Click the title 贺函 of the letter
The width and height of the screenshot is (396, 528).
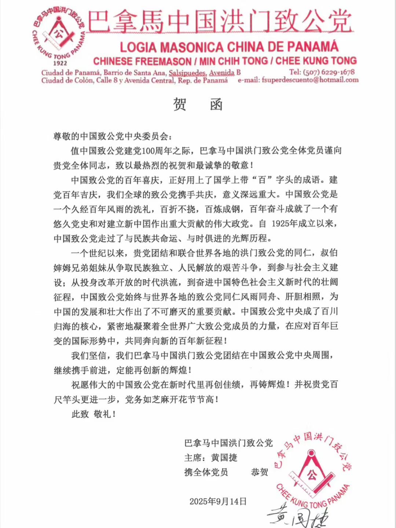(198, 105)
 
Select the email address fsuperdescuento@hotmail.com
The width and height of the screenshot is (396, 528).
(310, 80)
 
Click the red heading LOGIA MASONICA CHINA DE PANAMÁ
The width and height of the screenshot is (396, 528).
(229, 47)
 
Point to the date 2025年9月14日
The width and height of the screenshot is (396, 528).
(218, 501)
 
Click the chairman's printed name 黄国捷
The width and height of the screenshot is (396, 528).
(224, 458)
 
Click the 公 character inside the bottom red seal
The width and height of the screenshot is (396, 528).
(312, 475)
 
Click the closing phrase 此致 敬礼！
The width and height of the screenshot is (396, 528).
(94, 414)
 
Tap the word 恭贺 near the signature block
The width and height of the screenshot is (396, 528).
(260, 472)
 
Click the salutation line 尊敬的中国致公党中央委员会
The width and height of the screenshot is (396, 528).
(111, 136)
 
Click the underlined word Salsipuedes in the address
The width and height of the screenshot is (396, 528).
(187, 73)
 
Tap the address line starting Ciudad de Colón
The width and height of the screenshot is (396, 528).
(134, 80)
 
